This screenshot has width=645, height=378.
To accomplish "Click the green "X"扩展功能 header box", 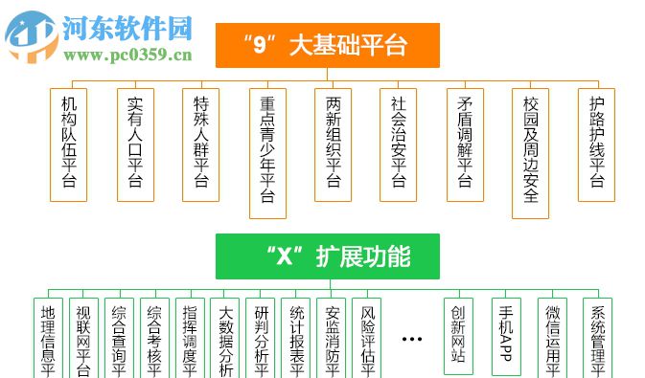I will tap(327, 256).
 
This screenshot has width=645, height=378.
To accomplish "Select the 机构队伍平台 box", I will tap(68, 144).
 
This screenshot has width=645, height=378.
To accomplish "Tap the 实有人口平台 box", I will tap(135, 144).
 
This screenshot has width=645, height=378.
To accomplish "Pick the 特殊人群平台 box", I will tap(201, 144).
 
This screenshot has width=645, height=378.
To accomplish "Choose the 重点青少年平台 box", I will tap(267, 152).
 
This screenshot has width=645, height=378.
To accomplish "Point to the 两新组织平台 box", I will tap(334, 144).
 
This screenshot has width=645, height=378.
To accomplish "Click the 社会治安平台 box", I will tap(399, 144).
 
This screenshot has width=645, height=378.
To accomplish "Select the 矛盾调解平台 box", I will tap(465, 144).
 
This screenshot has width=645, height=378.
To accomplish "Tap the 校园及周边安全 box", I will tap(531, 152).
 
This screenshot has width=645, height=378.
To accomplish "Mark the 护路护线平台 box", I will tap(596, 144).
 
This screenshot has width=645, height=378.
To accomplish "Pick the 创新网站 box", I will tap(459, 335).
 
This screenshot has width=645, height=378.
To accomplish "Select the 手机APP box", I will tap(507, 335).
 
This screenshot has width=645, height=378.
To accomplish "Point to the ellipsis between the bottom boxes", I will tap(412, 339).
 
